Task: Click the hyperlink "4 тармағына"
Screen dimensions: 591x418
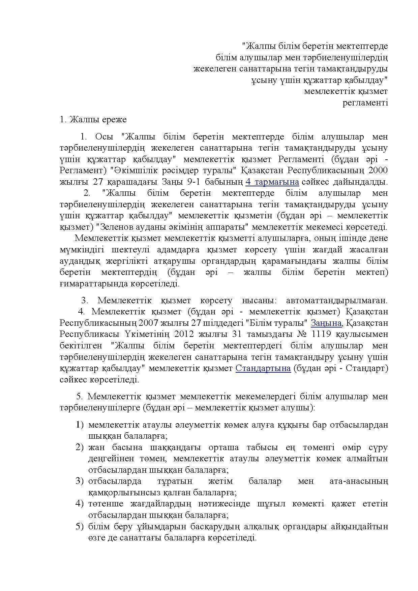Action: point(272,182)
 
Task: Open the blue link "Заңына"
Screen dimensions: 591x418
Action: point(326,323)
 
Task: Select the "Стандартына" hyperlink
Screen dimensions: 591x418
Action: point(263,368)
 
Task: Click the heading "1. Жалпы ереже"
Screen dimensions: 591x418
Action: point(93,119)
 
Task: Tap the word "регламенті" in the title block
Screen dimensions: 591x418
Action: point(365,102)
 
